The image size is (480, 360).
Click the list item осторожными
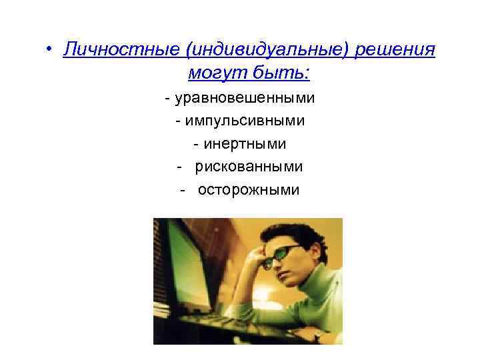tap(249, 189)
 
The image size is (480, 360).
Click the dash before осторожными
tap(181, 190)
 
